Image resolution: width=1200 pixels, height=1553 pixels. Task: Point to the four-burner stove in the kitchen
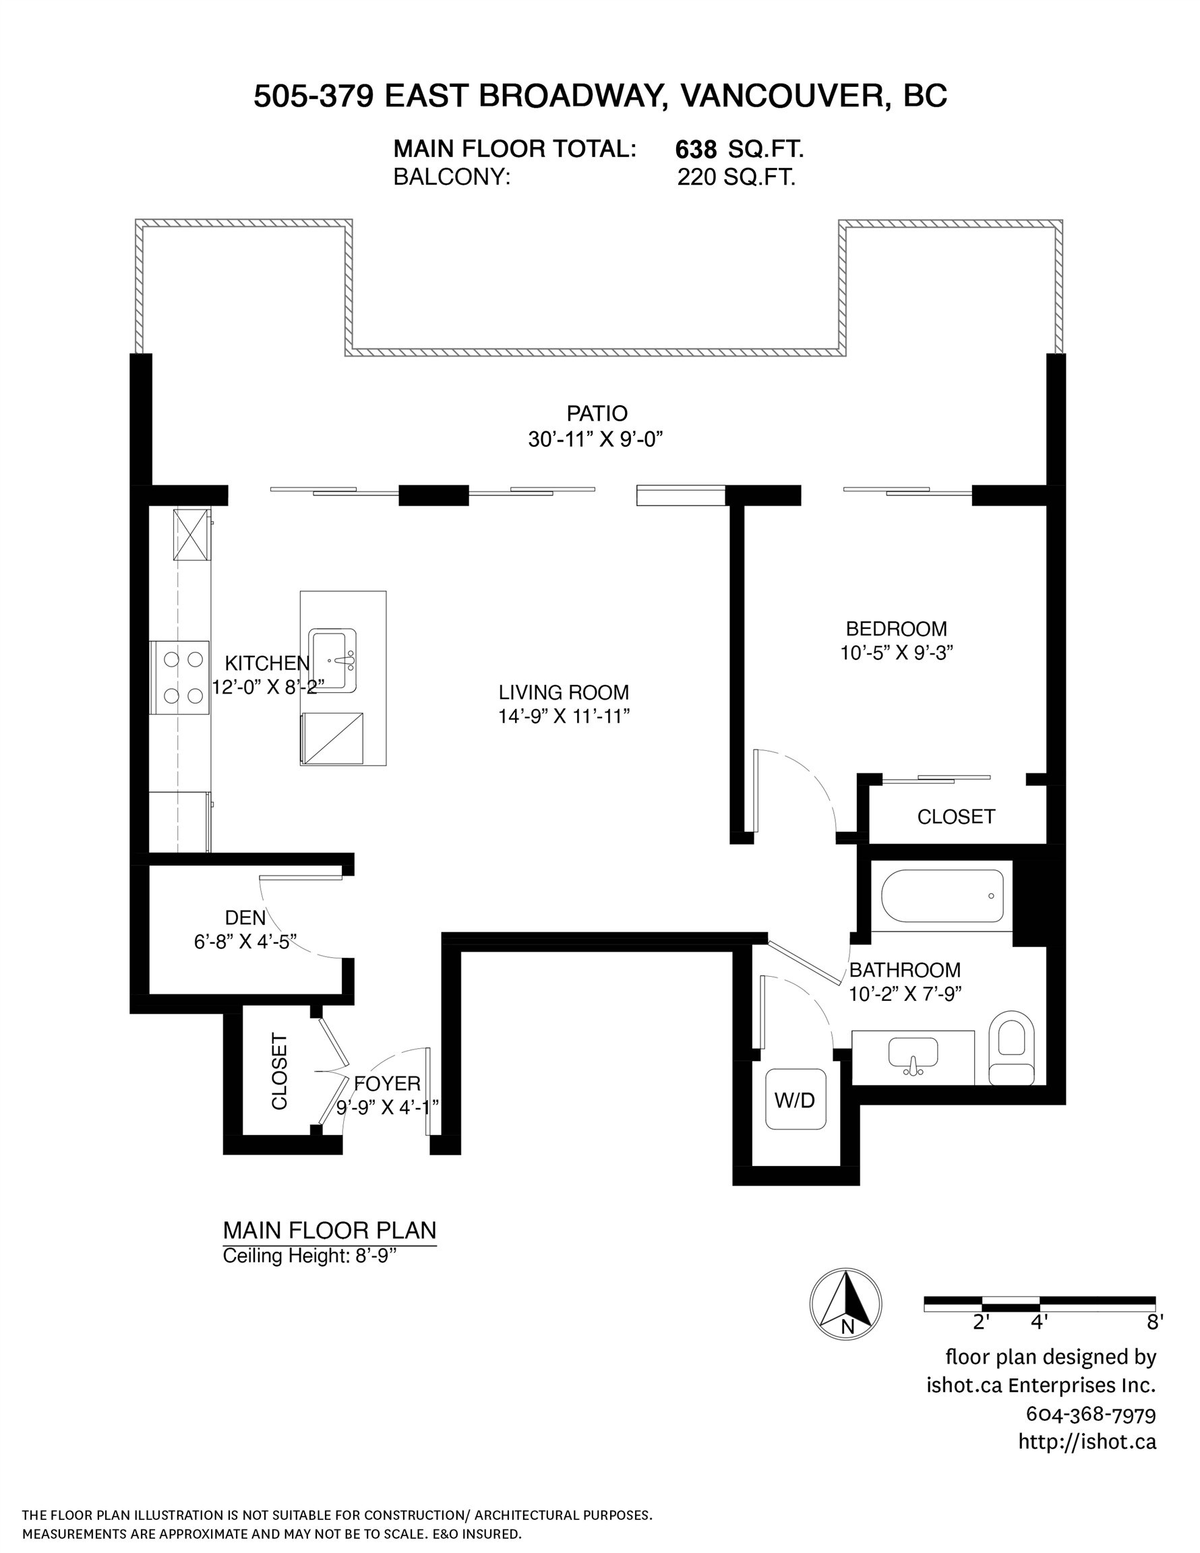[x=179, y=677]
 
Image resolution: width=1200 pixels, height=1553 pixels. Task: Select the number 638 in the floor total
[x=696, y=150]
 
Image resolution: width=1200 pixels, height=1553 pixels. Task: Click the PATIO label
[x=597, y=413]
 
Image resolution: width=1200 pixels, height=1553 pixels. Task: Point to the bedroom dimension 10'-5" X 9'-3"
[x=896, y=652]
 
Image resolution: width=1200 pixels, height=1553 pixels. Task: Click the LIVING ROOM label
[x=564, y=692]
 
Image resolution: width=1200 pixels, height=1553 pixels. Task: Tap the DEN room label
[x=245, y=917]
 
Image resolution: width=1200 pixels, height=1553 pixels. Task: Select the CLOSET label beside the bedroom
[x=955, y=816]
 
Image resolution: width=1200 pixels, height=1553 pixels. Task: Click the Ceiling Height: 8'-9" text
[x=309, y=1256]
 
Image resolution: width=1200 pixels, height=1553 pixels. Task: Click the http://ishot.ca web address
[x=1087, y=1442]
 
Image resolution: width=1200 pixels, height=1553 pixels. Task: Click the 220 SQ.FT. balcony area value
[x=736, y=177]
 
